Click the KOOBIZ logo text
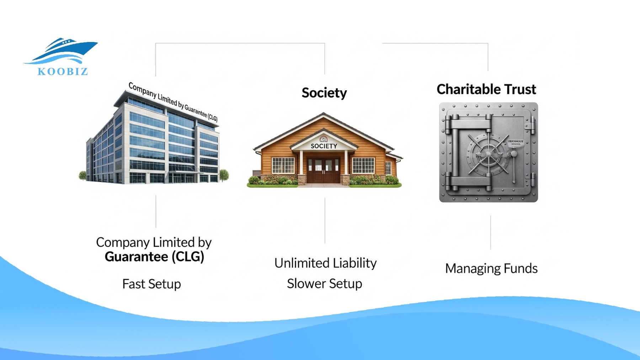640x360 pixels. tap(63, 71)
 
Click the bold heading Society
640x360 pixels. tap(324, 93)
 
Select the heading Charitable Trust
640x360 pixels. tap(486, 89)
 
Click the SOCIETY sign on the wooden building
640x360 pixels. tap(324, 146)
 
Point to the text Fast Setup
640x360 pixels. tap(151, 284)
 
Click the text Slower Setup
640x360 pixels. tap(324, 284)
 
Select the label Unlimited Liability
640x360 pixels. tap(325, 263)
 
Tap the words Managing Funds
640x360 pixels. tap(491, 268)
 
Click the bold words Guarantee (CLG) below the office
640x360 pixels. tap(154, 257)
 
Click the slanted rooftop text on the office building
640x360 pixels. tap(173, 102)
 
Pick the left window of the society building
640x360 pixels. tap(283, 165)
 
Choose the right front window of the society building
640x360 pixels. tap(363, 165)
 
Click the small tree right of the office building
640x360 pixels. tap(224, 174)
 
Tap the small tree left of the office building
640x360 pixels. tap(82, 175)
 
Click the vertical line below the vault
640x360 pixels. tap(490, 232)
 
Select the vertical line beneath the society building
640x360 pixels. tap(325, 220)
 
